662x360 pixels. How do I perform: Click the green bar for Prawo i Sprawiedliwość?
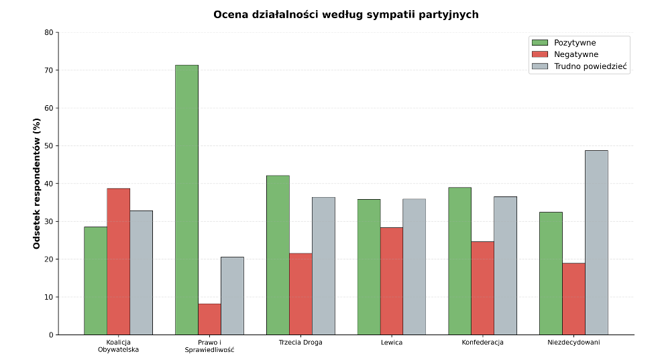186,200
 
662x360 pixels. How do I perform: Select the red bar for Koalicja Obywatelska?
119,261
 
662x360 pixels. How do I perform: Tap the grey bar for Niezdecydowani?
596,243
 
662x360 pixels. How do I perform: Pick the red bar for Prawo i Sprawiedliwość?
209,320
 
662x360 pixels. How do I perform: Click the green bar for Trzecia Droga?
278,255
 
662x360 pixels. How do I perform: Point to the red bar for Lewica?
392,281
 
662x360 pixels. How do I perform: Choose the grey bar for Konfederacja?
505,266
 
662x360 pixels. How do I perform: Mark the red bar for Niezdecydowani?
573,299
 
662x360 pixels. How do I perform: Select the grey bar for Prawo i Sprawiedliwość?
232,296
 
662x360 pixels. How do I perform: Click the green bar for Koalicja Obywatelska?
96,281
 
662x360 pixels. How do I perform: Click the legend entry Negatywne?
565,54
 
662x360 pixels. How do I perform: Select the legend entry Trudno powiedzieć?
580,66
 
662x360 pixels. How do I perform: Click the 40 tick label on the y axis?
49,184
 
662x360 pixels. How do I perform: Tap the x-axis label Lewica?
392,343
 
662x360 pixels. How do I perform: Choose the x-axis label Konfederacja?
482,343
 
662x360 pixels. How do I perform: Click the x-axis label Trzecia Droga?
300,343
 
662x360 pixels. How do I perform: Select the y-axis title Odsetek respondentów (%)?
37,184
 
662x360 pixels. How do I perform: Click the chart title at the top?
346,15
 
